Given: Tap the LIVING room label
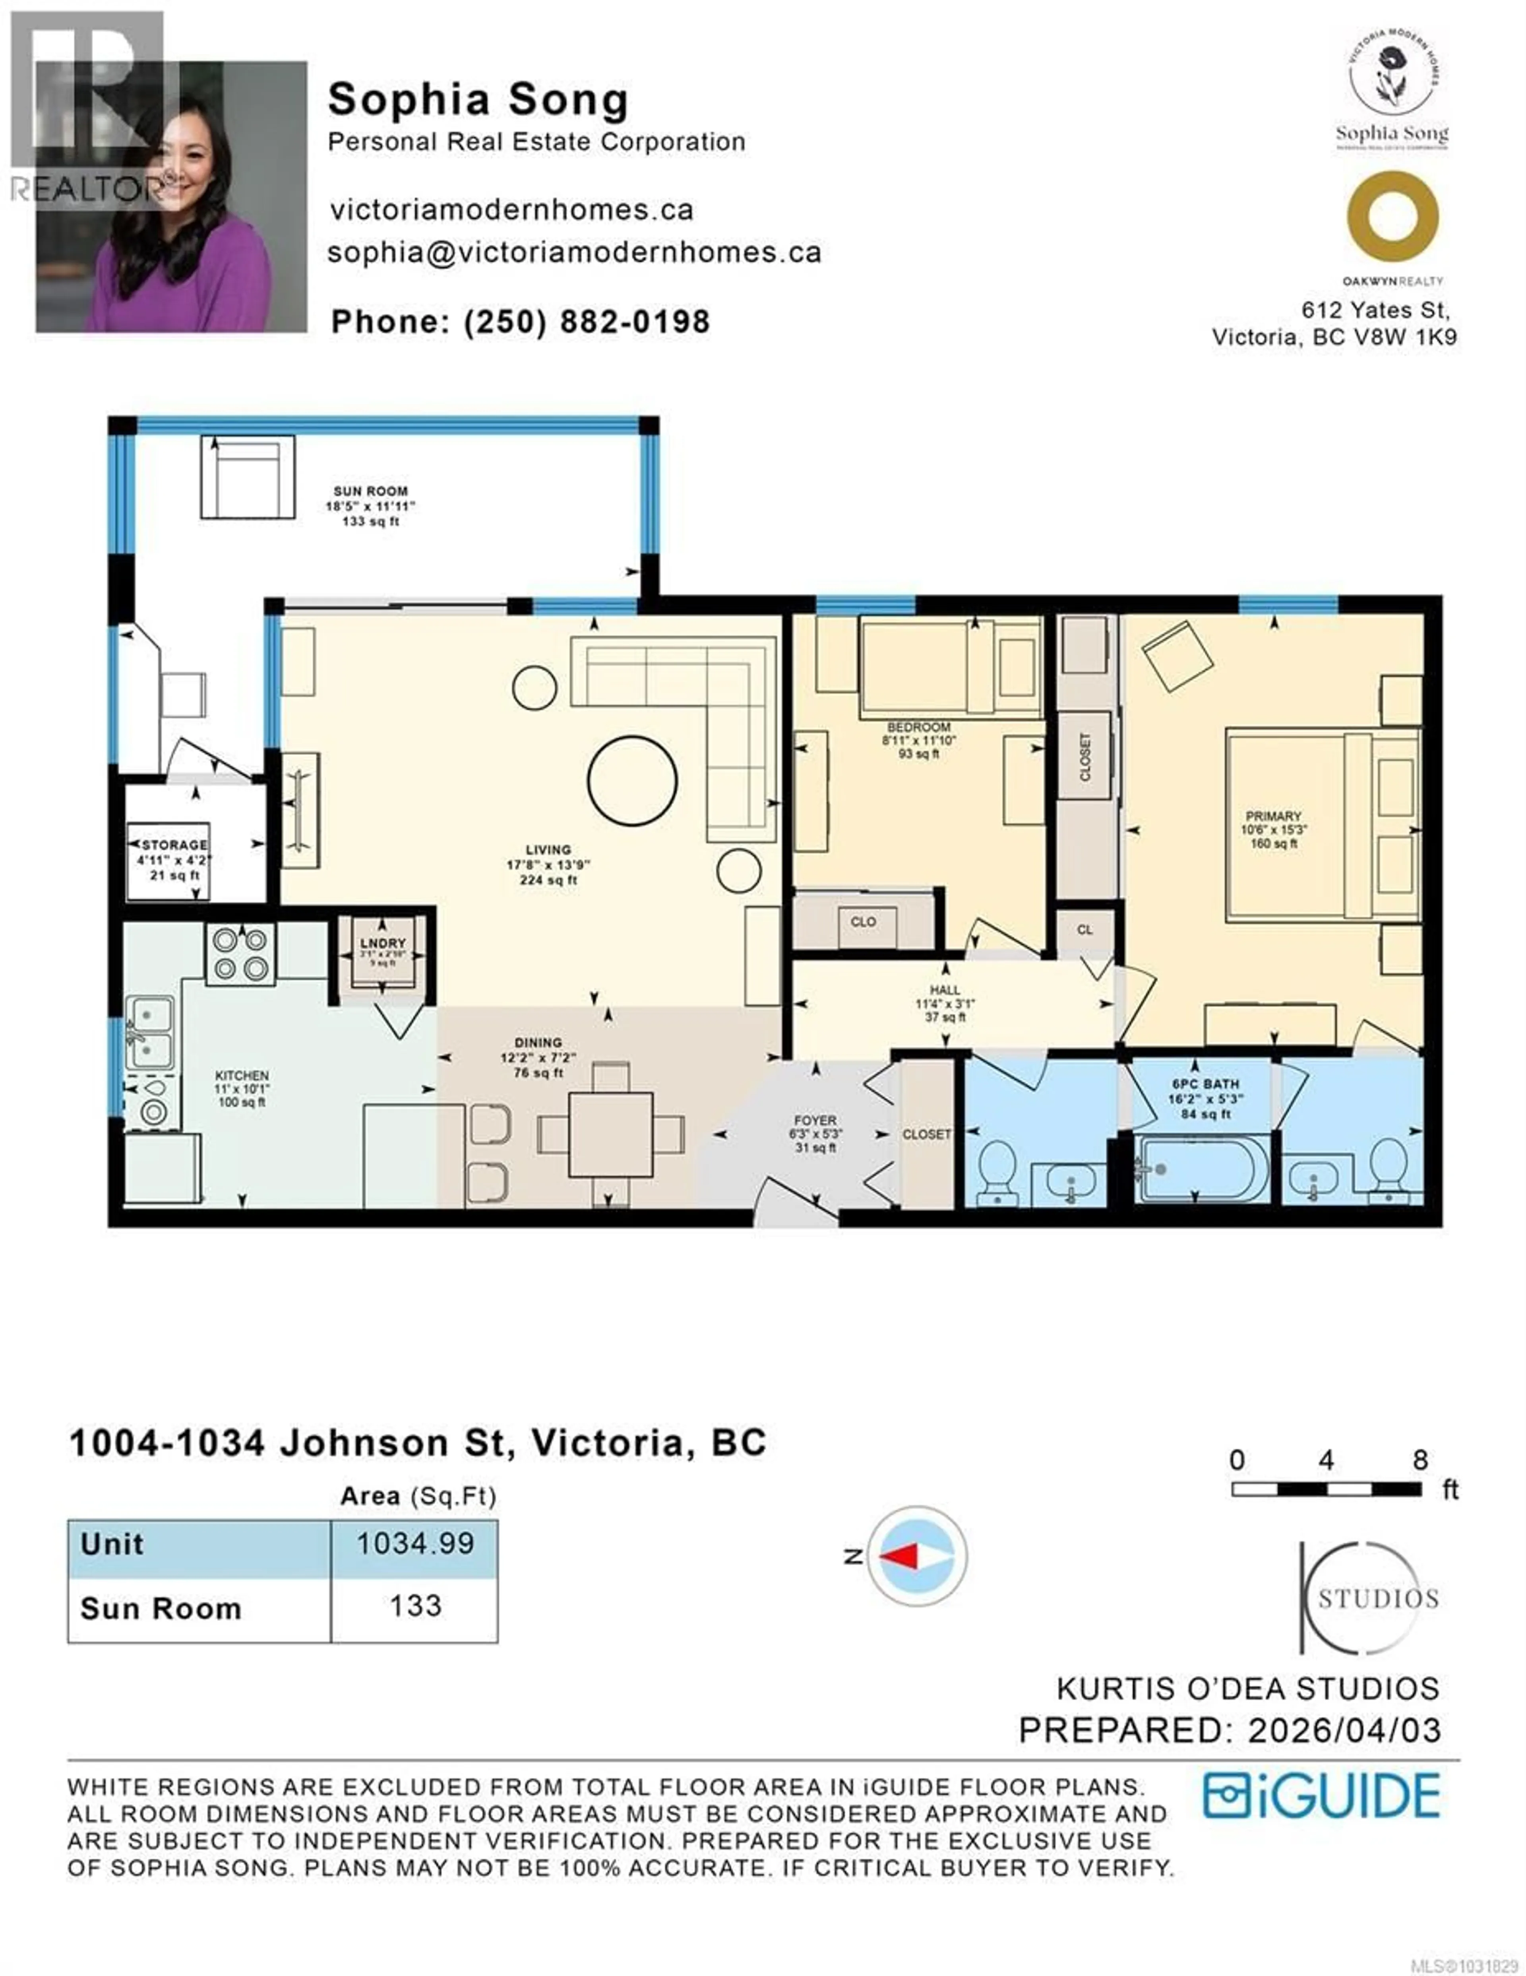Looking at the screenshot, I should pos(548,849).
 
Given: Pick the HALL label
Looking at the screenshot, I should pos(944,990).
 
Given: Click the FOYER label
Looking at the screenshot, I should pos(815,1120).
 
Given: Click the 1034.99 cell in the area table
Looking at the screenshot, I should pos(414,1543).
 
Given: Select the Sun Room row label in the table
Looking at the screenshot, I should pos(161,1609).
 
